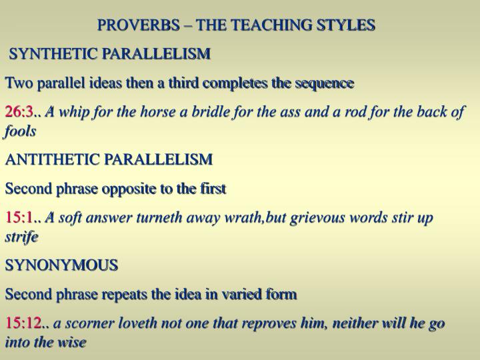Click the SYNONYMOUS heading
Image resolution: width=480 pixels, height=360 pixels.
pos(61,265)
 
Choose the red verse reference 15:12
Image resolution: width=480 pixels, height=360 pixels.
pos(22,323)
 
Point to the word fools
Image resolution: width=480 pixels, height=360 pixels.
pos(20,131)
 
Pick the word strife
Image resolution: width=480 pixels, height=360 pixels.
pos(21,237)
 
